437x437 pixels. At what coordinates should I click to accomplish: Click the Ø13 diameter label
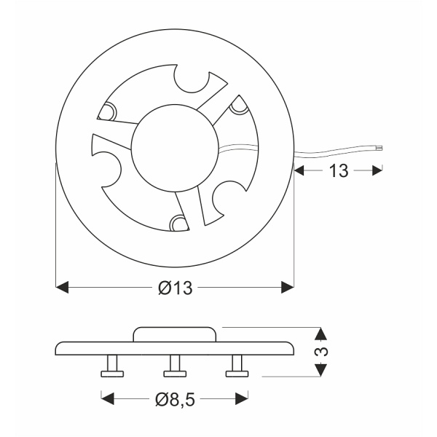(x=174, y=288)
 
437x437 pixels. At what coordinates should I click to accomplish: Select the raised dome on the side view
(x=175, y=334)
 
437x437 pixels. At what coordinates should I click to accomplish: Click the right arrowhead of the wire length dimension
(x=377, y=171)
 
